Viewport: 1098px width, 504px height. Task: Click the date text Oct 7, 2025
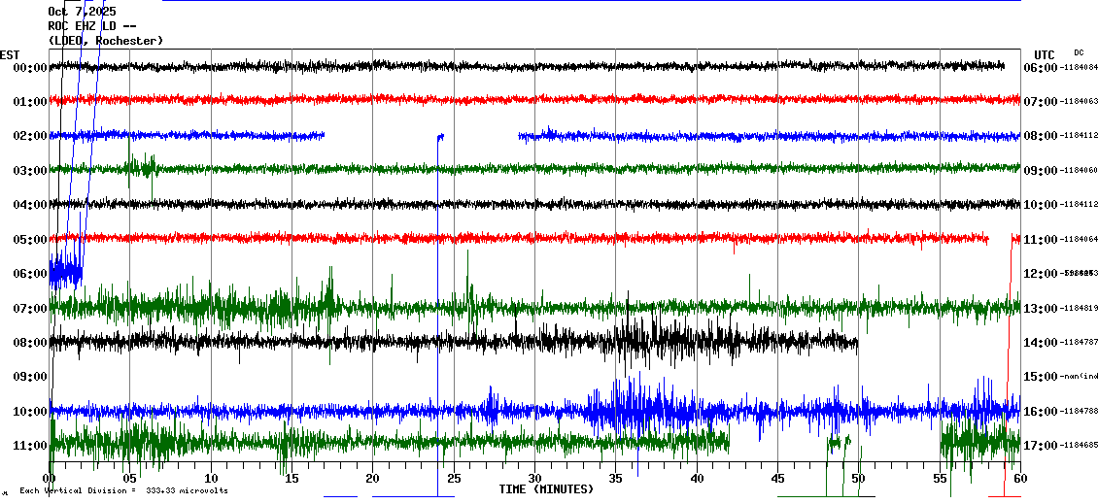[82, 12]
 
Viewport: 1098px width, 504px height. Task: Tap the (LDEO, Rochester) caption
[105, 41]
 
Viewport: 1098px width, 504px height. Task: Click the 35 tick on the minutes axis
[616, 478]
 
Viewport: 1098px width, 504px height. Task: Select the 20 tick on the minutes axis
[373, 478]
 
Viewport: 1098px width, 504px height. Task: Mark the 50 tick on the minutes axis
[858, 478]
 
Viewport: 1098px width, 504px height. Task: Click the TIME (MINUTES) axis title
[546, 489]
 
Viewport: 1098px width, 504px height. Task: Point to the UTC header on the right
[1045, 54]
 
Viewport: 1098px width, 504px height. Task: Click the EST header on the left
[10, 54]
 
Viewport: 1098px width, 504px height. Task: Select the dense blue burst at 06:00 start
[65, 273]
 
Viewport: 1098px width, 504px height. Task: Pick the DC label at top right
[1079, 52]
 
